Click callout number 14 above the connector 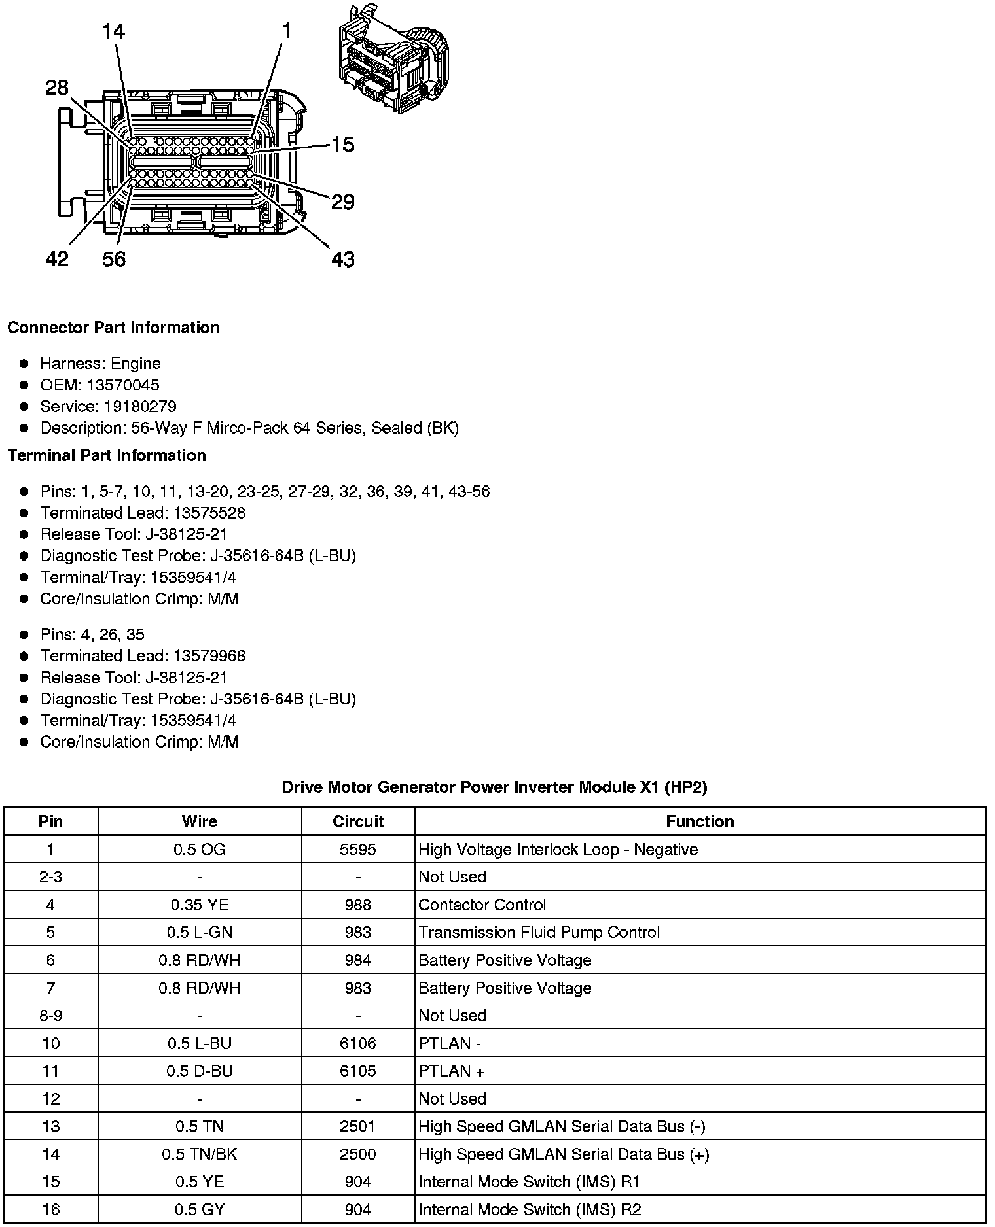click(113, 31)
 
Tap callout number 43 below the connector click(342, 260)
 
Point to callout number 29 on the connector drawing click(342, 201)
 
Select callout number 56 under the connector click(113, 260)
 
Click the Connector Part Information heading click(113, 328)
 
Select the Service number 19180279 click(140, 406)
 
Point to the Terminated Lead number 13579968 click(209, 655)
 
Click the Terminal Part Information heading click(107, 455)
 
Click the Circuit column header click(358, 821)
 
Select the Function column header click(700, 821)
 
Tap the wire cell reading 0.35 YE click(200, 905)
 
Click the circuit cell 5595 click(358, 850)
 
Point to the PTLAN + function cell click(452, 1071)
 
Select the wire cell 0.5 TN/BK click(200, 1154)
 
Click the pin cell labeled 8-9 click(50, 1016)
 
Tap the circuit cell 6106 click(358, 1043)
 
